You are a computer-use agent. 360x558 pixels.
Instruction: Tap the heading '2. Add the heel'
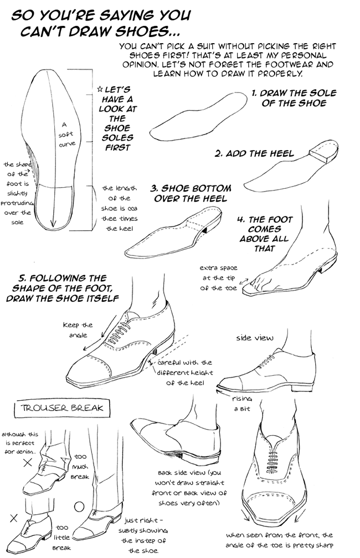click(254, 153)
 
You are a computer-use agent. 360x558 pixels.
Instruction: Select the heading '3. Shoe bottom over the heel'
click(191, 193)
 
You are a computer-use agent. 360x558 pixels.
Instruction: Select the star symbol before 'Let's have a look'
click(99, 89)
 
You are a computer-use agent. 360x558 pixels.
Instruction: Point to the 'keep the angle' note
click(78, 329)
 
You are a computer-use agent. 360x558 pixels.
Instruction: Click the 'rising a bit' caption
click(243, 403)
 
